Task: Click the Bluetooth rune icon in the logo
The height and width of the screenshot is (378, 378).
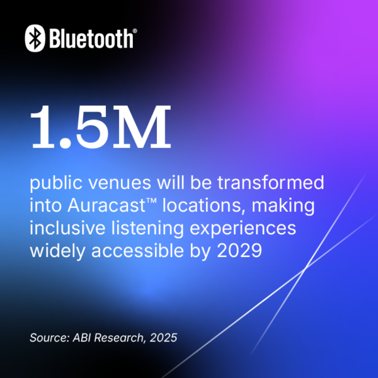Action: point(35,38)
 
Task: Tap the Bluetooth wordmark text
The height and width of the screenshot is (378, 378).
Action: point(91,39)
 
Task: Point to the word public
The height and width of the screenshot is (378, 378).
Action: point(55,185)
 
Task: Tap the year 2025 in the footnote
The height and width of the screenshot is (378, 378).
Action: point(163,338)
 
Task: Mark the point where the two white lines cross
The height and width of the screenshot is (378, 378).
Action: point(306,268)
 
